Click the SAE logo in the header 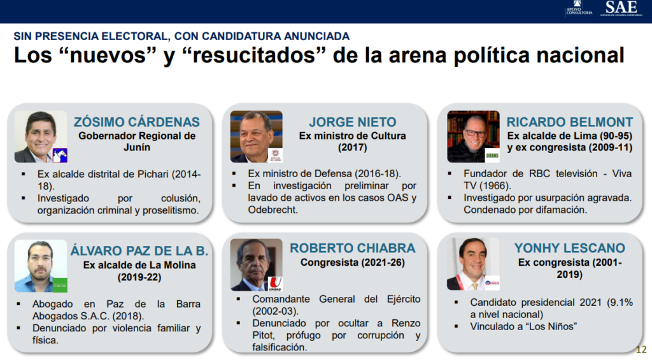[621, 8]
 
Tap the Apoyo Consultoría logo [579, 8]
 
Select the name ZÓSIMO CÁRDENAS [137, 122]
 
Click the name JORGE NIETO [353, 122]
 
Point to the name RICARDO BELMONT [570, 122]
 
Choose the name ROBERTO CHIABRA [353, 248]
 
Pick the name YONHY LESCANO [570, 248]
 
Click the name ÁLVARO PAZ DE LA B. [139, 250]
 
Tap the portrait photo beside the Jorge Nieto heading [257, 136]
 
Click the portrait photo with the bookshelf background [473, 136]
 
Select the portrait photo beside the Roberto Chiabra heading [257, 264]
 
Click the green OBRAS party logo [492, 155]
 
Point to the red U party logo [275, 284]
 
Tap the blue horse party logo [60, 155]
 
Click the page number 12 [641, 350]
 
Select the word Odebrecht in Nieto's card [273, 210]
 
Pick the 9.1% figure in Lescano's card [620, 303]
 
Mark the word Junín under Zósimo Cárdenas [137, 147]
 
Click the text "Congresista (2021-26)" [353, 263]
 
